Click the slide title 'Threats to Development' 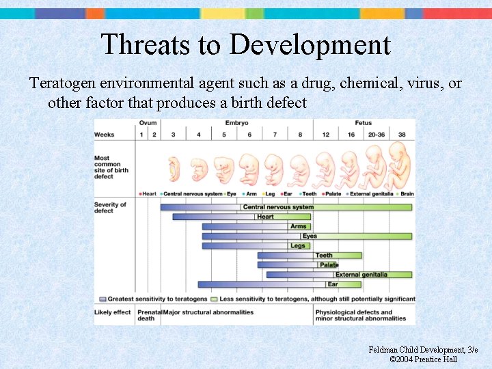pos(245,45)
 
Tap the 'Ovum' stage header pos(148,123)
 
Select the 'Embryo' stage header pos(236,123)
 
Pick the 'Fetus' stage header pos(363,123)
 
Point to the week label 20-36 pos(377,135)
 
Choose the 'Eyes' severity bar pos(307,236)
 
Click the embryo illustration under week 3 pos(174,169)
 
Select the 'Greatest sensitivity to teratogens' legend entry pos(153,299)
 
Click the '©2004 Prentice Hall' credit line pos(423,359)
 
